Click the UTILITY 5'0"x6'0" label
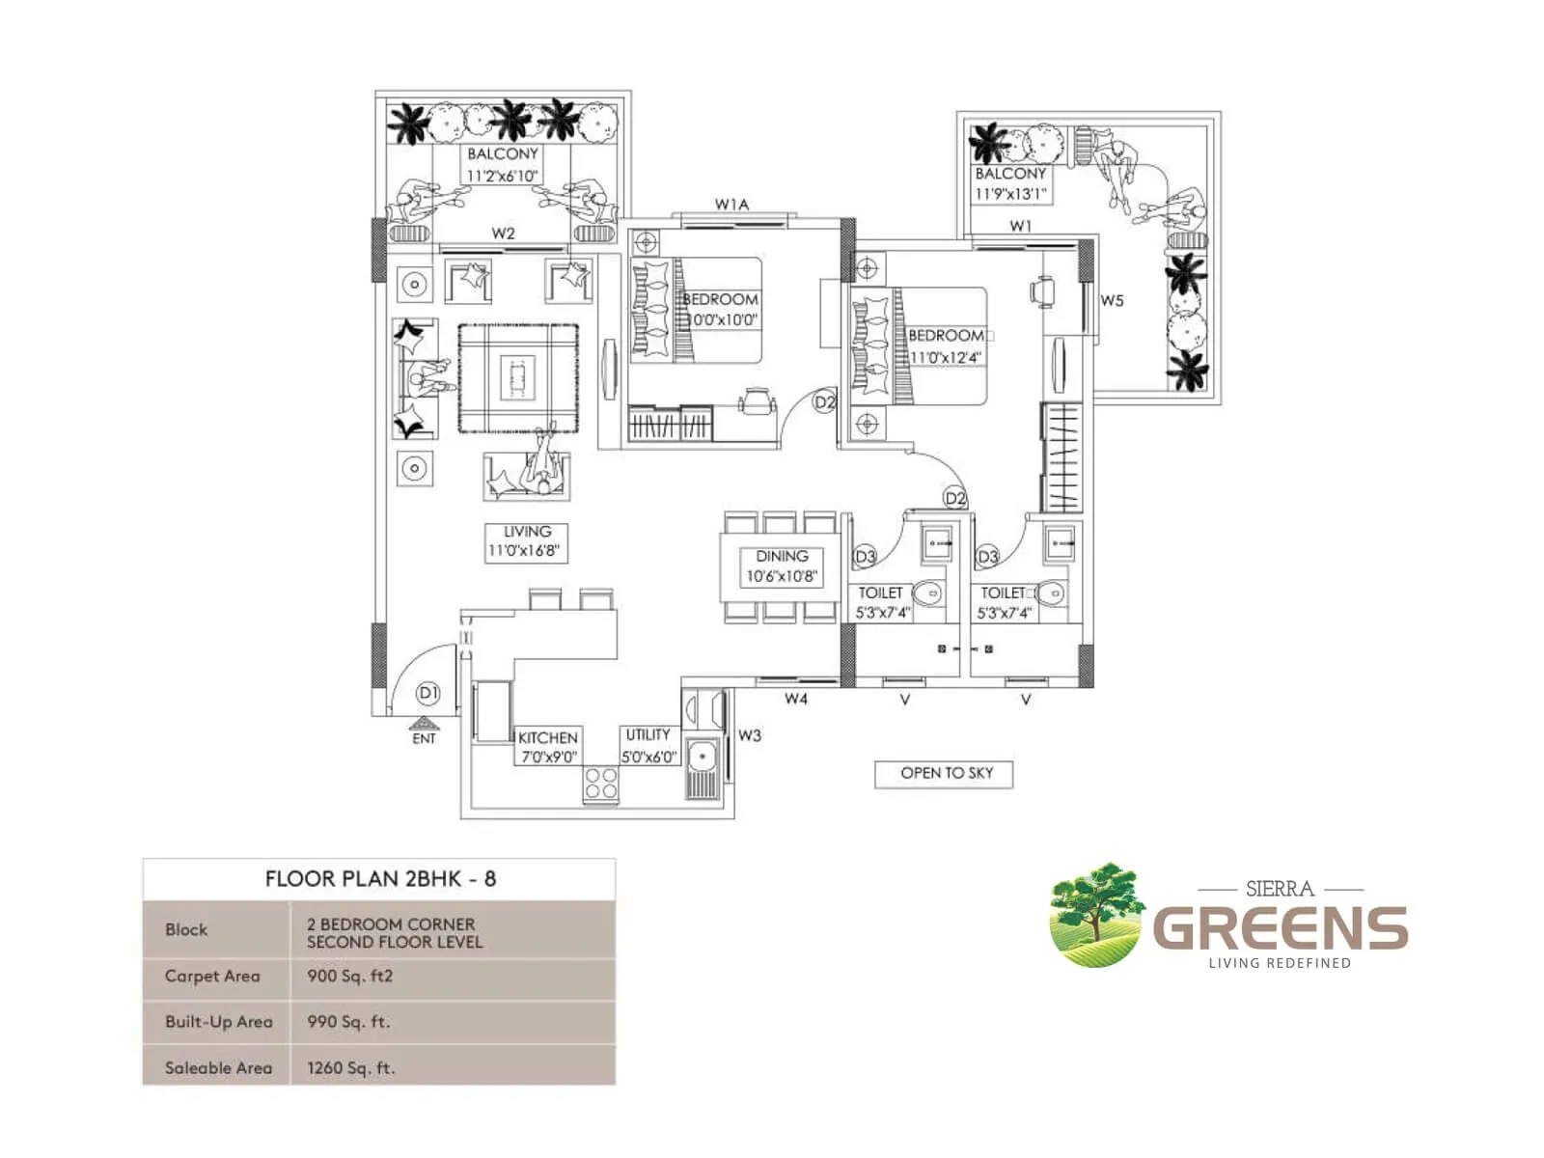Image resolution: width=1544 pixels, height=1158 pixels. pyautogui.click(x=648, y=746)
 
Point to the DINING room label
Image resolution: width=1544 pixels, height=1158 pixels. pyautogui.click(x=782, y=566)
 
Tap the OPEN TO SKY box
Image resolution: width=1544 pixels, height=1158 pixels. pyautogui.click(x=945, y=774)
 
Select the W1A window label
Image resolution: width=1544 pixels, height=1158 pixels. pyautogui.click(x=731, y=204)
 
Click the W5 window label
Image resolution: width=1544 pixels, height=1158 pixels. pyautogui.click(x=1112, y=300)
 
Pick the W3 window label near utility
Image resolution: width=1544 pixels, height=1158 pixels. pyautogui.click(x=749, y=735)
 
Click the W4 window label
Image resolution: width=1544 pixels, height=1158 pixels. pyautogui.click(x=795, y=699)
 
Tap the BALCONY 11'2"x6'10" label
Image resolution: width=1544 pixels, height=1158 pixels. pyautogui.click(x=503, y=164)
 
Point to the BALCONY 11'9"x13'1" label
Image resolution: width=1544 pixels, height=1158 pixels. pyautogui.click(x=1010, y=183)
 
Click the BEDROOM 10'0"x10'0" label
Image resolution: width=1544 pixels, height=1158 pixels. pyautogui.click(x=721, y=309)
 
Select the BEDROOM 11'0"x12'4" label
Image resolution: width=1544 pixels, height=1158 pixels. pyautogui.click(x=946, y=345)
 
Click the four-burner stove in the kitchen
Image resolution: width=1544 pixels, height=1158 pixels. pyautogui.click(x=600, y=784)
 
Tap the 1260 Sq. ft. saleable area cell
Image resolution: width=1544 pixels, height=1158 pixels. pyautogui.click(x=351, y=1067)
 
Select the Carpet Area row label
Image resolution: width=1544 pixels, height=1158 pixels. pyautogui.click(x=212, y=976)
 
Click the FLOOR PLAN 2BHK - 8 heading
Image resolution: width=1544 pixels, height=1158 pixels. pyautogui.click(x=380, y=878)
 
